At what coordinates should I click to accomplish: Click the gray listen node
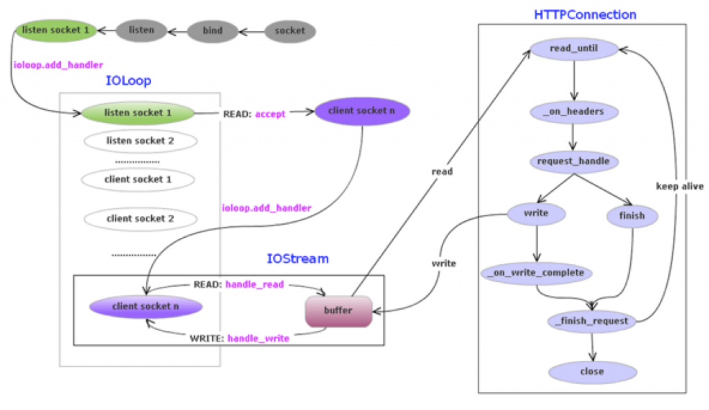tap(142, 30)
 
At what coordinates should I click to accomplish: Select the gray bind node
tap(213, 31)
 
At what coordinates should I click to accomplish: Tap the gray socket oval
tap(289, 31)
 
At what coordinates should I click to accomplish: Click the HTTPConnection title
tap(585, 14)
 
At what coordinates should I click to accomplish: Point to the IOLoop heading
tap(128, 81)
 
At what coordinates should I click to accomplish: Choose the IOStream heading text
tap(298, 259)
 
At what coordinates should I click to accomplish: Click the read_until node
tap(573, 48)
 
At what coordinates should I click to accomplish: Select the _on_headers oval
tap(573, 111)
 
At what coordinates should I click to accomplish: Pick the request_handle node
tap(573, 162)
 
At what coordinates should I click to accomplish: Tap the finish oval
tap(631, 215)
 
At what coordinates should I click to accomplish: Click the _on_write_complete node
tap(536, 272)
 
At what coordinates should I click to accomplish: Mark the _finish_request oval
tap(591, 321)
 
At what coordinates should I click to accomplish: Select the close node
tap(592, 371)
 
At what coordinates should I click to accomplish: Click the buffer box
tap(339, 310)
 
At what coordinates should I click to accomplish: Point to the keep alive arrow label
tap(680, 186)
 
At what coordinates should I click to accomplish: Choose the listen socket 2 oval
tap(140, 141)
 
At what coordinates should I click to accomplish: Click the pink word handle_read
tap(254, 284)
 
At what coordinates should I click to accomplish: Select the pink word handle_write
tap(258, 338)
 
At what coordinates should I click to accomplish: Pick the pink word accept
tap(270, 113)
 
